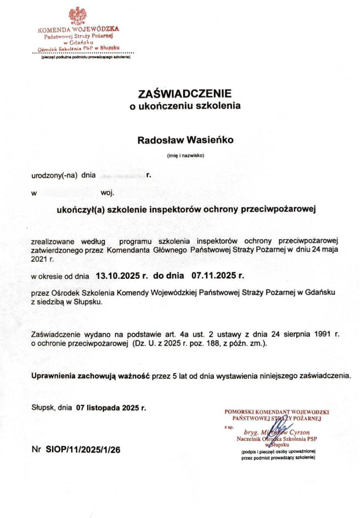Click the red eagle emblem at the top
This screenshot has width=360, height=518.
[77, 15]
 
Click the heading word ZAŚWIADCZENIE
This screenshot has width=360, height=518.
[185, 94]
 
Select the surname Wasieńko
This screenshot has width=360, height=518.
[208, 141]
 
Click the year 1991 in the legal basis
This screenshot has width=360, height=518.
[324, 335]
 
